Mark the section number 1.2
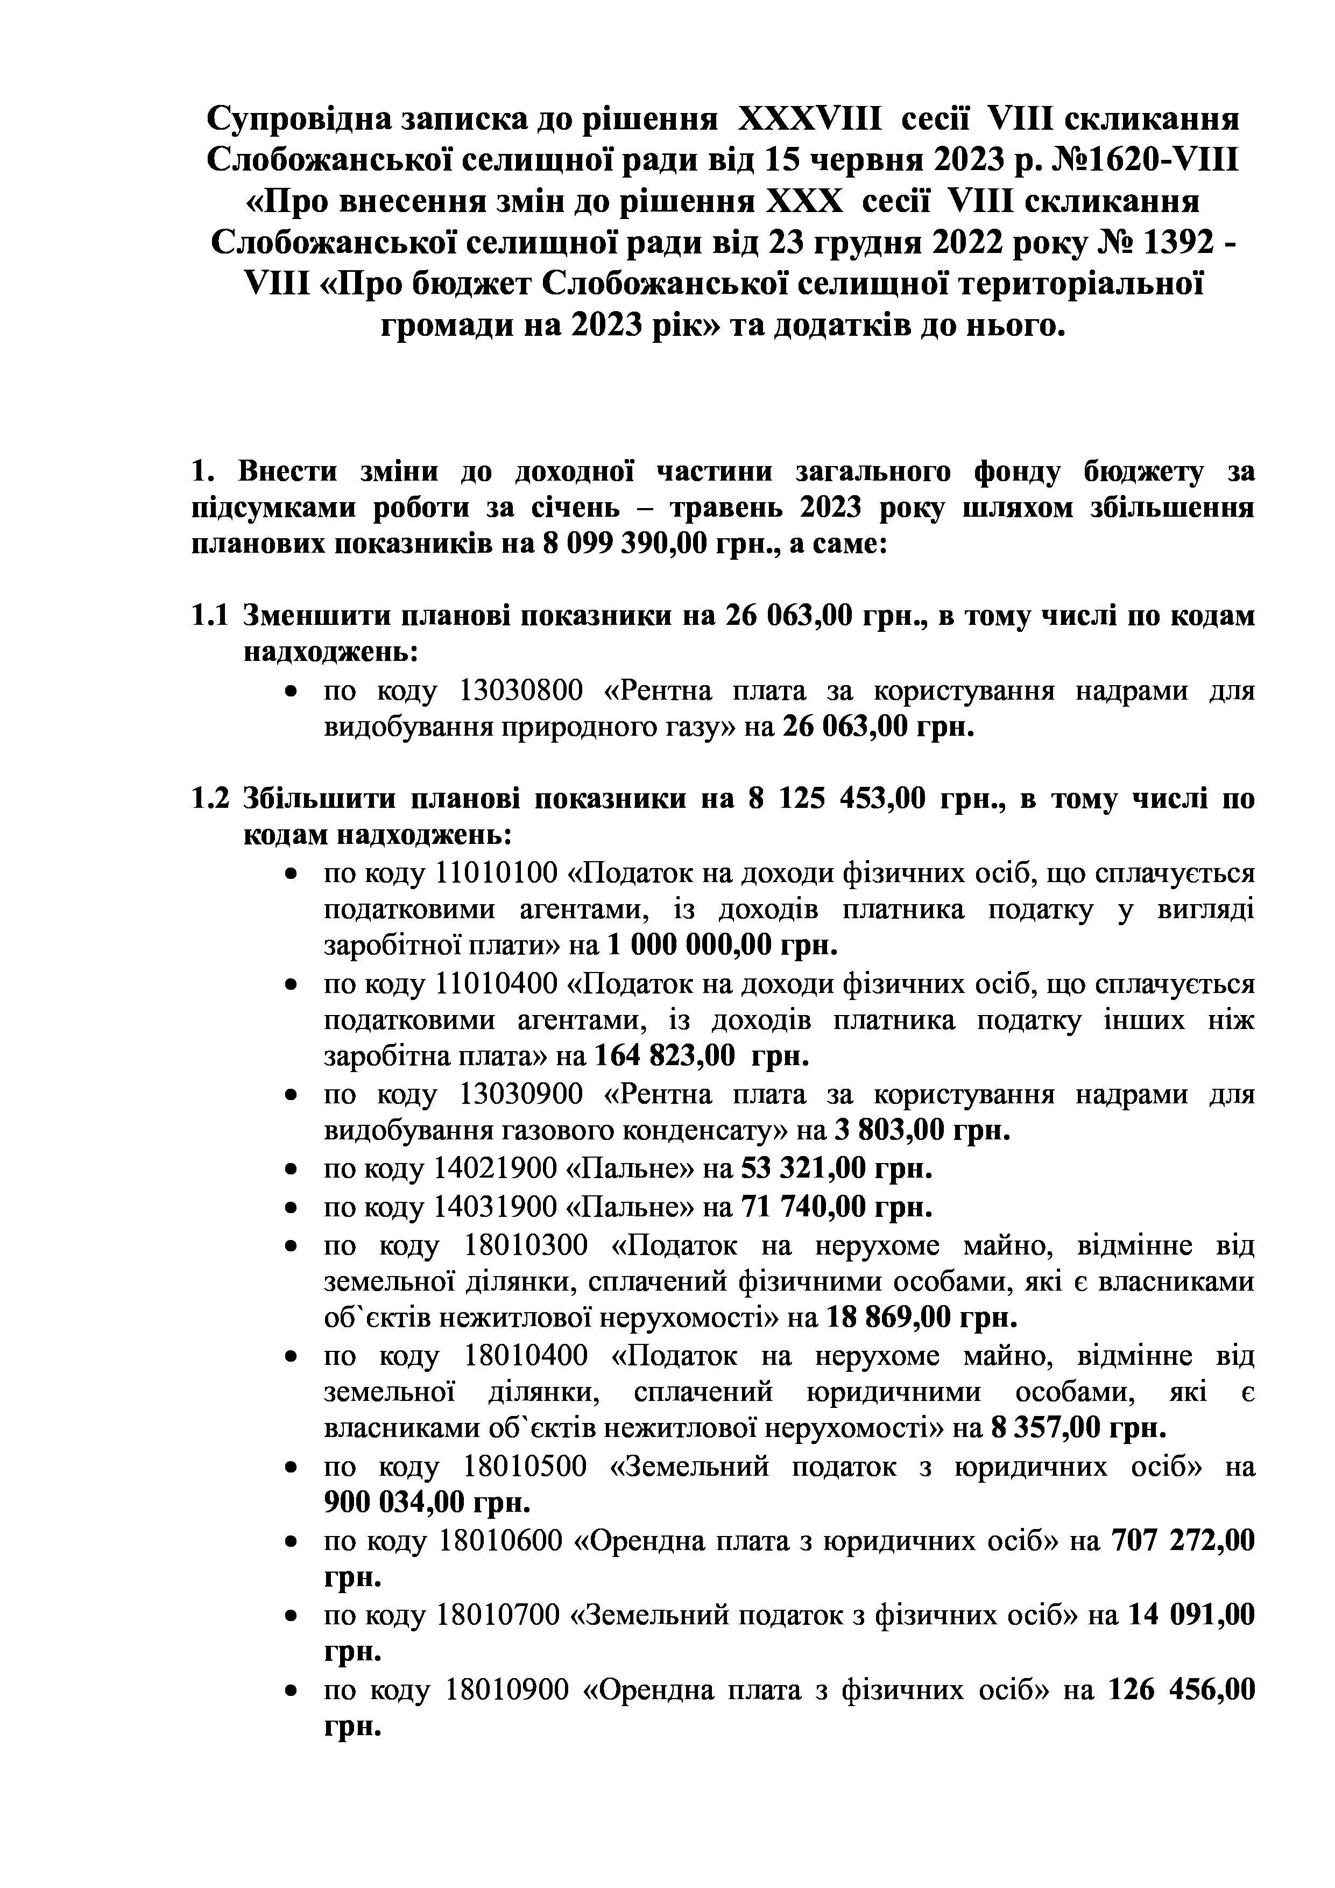click(209, 799)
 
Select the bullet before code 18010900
click(289, 1692)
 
